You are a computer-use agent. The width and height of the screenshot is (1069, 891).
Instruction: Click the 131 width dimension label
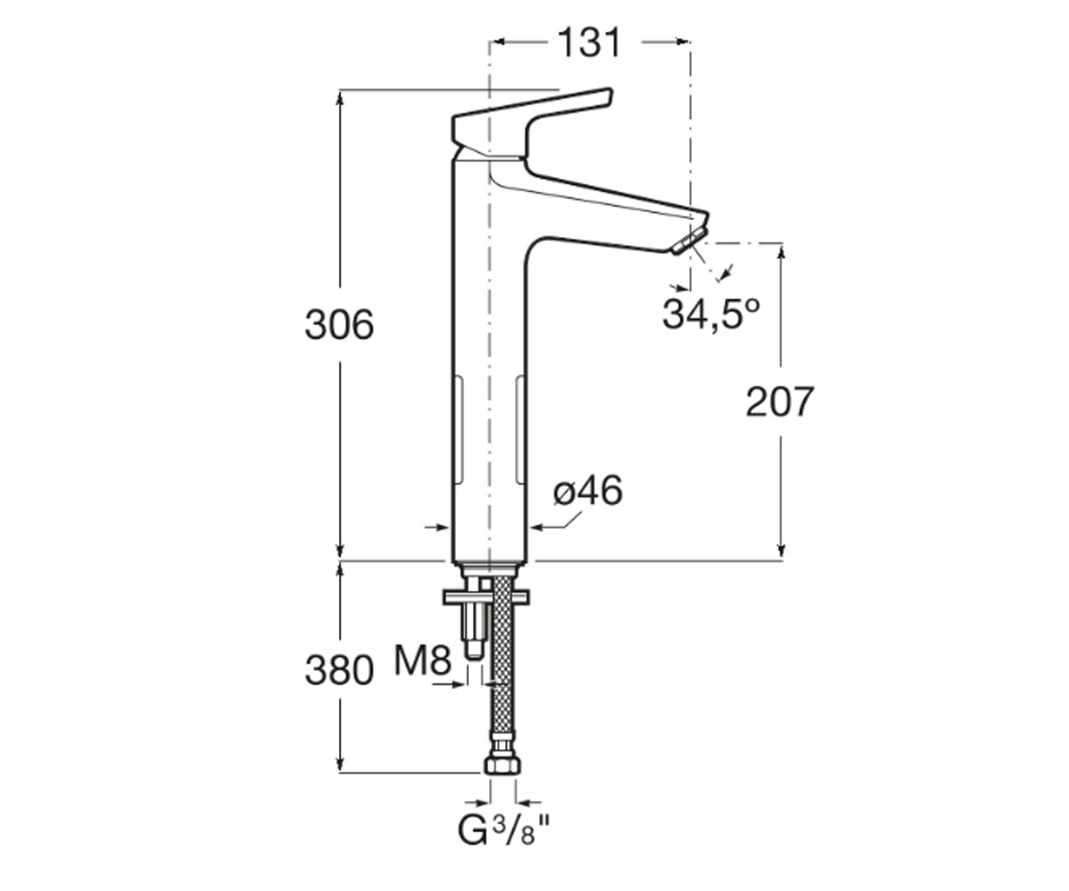pos(590,43)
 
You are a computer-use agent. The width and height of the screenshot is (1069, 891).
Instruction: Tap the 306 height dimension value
pos(339,325)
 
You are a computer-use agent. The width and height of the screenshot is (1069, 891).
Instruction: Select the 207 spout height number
pos(779,402)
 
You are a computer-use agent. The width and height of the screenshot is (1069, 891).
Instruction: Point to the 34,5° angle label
pos(712,314)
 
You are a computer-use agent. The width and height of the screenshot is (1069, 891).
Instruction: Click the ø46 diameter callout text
pos(588,491)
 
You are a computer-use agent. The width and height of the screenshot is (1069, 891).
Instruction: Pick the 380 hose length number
pos(339,671)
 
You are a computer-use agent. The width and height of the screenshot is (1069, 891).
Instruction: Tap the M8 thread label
pos(423,660)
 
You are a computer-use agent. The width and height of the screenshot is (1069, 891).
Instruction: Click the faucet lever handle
pos(533,122)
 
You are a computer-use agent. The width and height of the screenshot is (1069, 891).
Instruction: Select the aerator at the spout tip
pos(690,241)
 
